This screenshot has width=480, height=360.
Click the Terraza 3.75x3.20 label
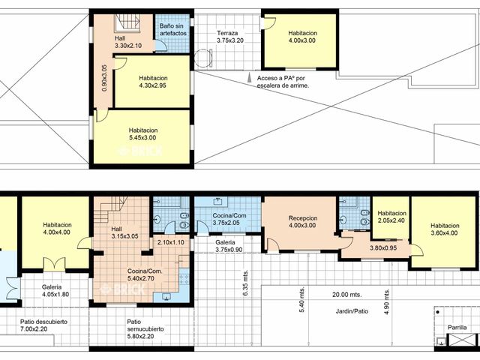coord(230,37)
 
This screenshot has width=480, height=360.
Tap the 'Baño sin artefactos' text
coord(173,30)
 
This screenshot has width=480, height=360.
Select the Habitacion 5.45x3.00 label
coord(143,133)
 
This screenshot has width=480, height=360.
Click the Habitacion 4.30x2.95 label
coord(153,82)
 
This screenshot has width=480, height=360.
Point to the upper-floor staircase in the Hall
coord(127,23)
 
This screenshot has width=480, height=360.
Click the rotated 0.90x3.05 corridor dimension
coord(104,78)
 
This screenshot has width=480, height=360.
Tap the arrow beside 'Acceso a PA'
coord(250,77)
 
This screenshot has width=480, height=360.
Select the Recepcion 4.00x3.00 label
coord(302,222)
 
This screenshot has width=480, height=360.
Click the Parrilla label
coord(457,327)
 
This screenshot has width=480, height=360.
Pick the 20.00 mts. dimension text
coord(346,295)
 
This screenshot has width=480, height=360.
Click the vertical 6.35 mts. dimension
coord(246,283)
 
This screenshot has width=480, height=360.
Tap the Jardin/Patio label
coord(352,311)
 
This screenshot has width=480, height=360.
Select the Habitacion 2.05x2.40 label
coord(391,217)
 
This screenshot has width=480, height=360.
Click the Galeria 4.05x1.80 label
coord(55,291)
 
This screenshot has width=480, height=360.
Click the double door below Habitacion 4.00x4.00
coord(54,265)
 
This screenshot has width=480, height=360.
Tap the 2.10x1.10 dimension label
coord(171,242)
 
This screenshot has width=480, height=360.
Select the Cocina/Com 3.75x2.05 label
coord(229,219)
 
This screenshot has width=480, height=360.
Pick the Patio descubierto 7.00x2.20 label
coord(43,325)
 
